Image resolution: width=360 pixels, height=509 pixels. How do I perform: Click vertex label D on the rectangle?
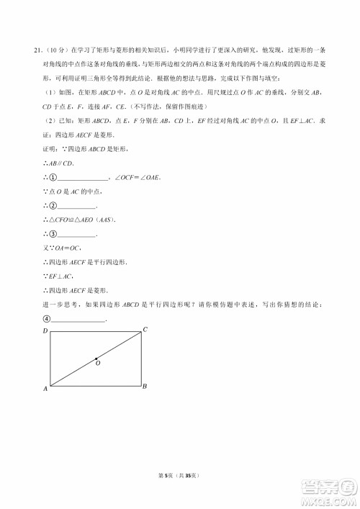pos(45,330)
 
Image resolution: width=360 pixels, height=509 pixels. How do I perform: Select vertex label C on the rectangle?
pos(145,330)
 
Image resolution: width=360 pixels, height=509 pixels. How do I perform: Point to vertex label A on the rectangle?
pos(45,389)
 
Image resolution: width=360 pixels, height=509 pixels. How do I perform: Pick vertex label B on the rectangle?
pos(145,387)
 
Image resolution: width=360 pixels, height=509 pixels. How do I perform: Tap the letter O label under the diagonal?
pos(98,365)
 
